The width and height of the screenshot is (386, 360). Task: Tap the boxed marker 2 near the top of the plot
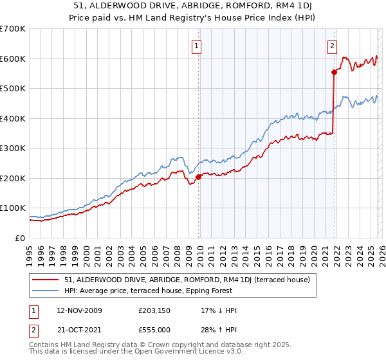tap(332, 46)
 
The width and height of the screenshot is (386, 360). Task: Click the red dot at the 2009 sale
tap(198, 177)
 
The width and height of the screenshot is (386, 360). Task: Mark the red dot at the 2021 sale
tap(334, 72)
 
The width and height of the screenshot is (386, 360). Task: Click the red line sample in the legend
tap(46, 280)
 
